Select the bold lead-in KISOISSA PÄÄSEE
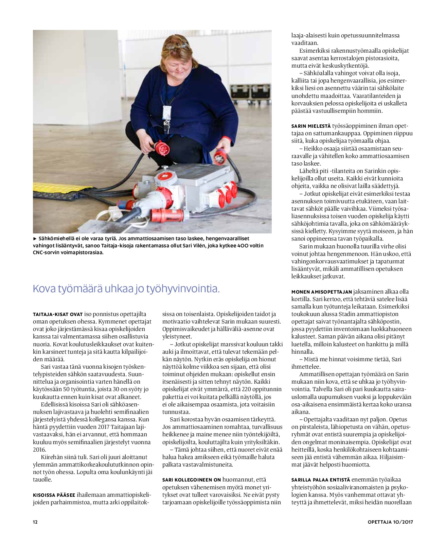54,495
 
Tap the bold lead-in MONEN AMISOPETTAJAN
322,292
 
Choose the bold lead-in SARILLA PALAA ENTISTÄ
321,480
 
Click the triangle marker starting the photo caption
35,239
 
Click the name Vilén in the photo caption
213,246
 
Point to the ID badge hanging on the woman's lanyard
166,112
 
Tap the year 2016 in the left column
39,450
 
